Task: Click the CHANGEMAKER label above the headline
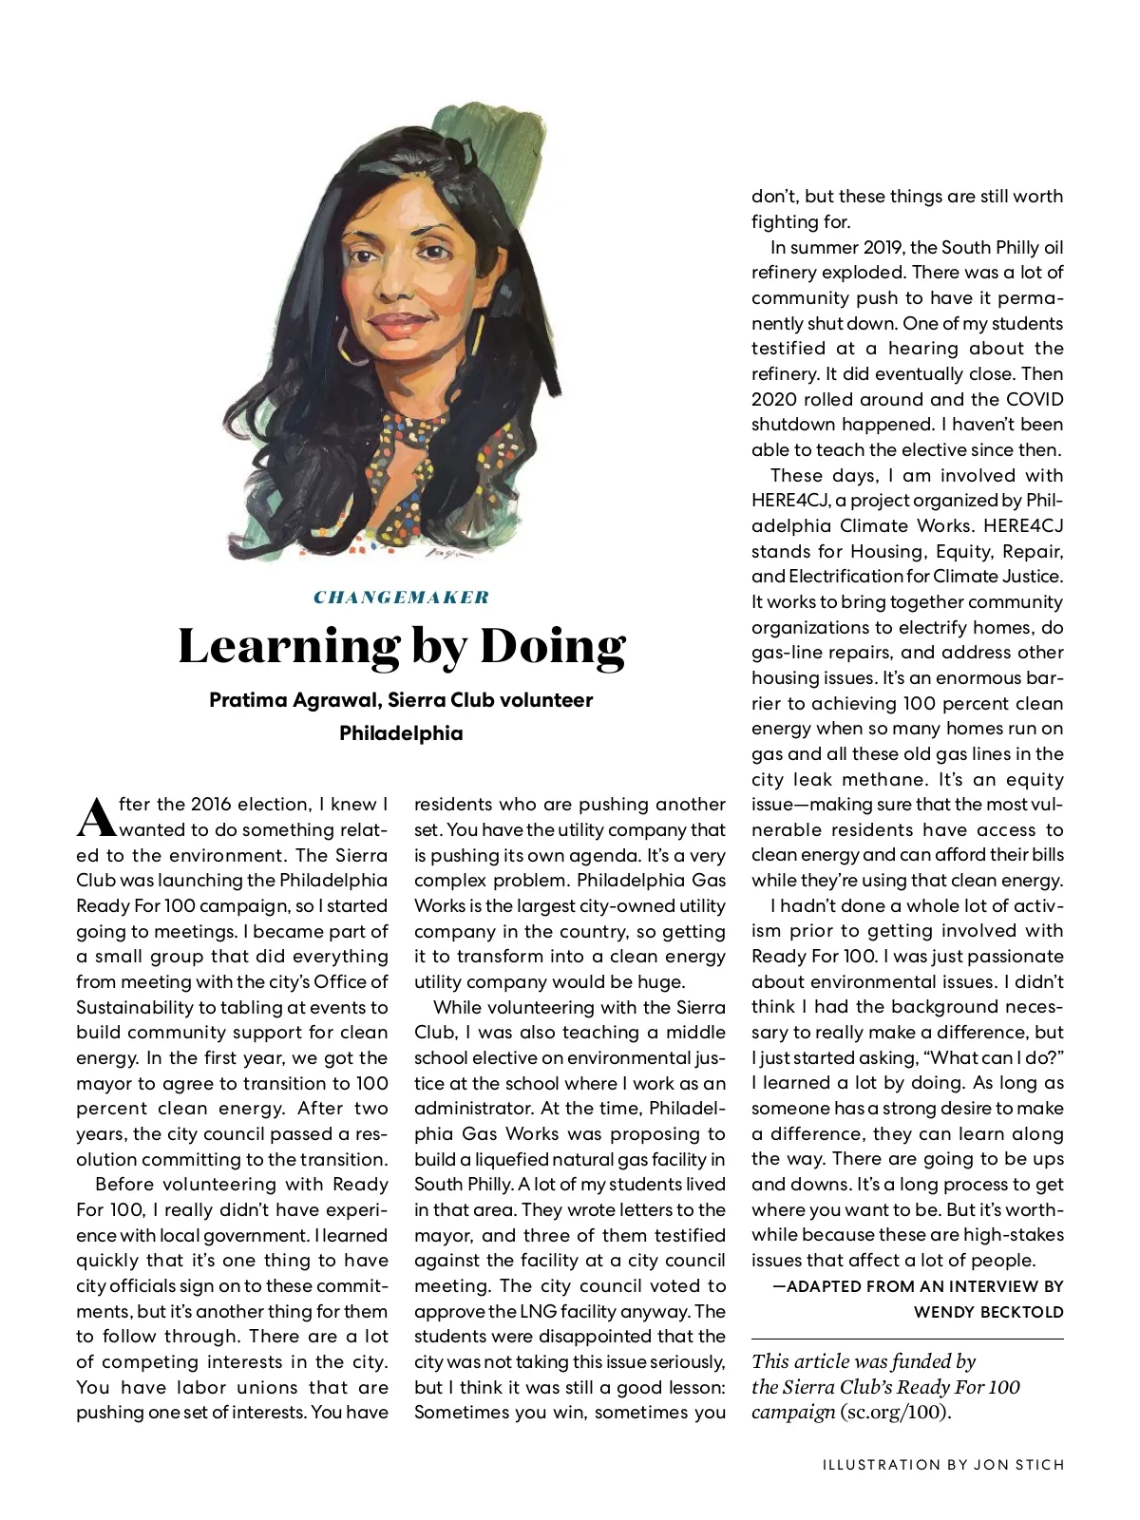click(401, 598)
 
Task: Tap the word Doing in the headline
click(553, 646)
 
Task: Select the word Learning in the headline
click(288, 647)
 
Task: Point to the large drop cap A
click(95, 816)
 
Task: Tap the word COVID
click(1035, 399)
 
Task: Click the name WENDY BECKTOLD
click(988, 1312)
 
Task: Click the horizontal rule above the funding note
click(907, 1339)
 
